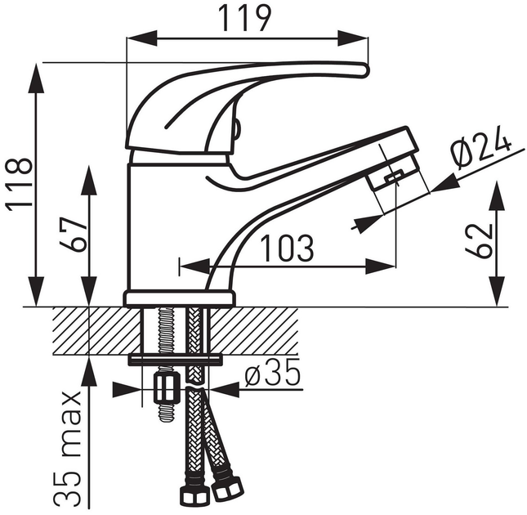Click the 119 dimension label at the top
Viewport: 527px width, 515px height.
tap(244, 18)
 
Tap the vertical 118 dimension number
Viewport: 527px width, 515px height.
tap(19, 184)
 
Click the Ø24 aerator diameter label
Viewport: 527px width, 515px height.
tap(480, 148)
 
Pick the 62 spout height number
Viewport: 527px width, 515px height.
tap(479, 240)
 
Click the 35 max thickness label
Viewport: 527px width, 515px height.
tap(68, 449)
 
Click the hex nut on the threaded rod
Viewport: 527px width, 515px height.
tap(165, 388)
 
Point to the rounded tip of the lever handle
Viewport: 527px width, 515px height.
tap(366, 70)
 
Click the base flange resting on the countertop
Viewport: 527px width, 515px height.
tap(180, 298)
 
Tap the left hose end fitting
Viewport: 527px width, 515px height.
tap(195, 496)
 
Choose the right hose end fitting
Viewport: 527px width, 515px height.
tap(227, 488)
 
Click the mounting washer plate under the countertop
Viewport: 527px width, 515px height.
tap(176, 360)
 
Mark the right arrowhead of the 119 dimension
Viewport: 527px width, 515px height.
tap(353, 38)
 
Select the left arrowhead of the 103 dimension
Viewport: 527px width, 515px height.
tap(195, 266)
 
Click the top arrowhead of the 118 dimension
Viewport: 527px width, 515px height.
tap(36, 78)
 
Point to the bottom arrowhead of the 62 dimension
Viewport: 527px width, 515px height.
tap(497, 291)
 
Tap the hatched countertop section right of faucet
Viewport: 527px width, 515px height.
tap(254, 331)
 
